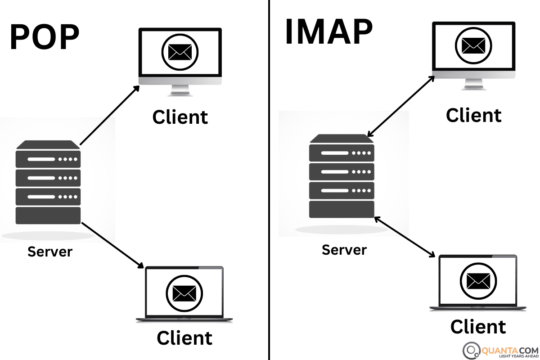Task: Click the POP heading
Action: tap(45, 36)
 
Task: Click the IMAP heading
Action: tap(329, 31)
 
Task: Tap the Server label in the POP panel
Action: tap(50, 252)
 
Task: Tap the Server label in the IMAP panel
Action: tap(344, 250)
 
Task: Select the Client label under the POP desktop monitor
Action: tap(180, 117)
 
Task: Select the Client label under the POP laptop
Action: tap(184, 338)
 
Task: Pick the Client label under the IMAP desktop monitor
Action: tap(474, 115)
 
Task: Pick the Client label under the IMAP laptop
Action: tap(478, 327)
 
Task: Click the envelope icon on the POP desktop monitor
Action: tap(180, 52)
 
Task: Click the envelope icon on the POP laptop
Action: tap(184, 293)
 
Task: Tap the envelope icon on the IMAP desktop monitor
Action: tap(473, 46)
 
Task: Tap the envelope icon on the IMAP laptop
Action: tap(478, 281)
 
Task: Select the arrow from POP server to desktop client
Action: tap(110, 115)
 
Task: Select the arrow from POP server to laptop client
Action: tap(112, 245)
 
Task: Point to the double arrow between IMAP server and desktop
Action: tap(400, 106)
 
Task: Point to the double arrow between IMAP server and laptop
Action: tap(405, 237)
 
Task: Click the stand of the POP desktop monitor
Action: tap(180, 90)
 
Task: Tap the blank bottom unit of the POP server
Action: tap(48, 216)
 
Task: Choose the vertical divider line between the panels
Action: tap(269, 180)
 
